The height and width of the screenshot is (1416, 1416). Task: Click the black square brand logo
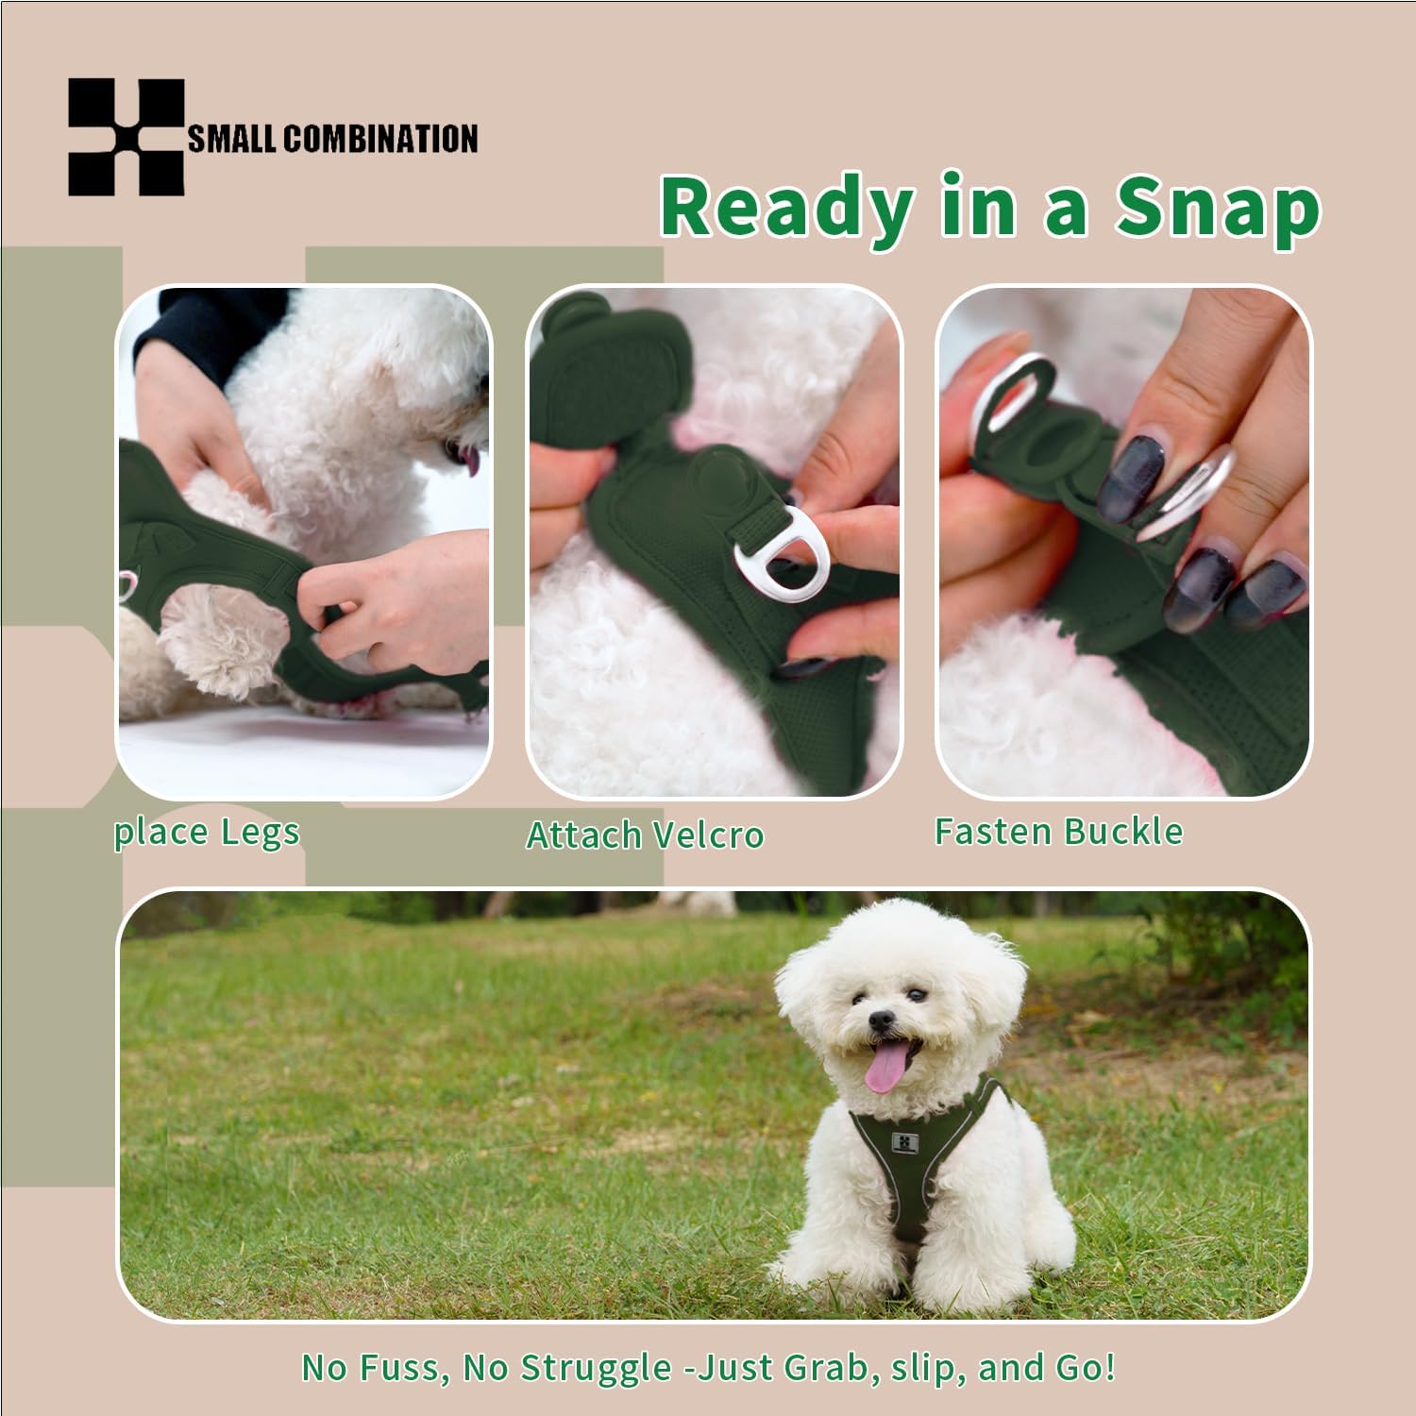(x=126, y=138)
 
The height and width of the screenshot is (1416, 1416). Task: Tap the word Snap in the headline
(x=1217, y=207)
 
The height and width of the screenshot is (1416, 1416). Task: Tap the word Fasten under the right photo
(x=994, y=832)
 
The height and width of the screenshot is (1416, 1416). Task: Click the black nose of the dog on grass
(x=881, y=1020)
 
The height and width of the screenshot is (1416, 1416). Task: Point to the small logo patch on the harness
(x=904, y=1143)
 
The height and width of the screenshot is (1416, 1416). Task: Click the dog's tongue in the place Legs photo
(x=469, y=460)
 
